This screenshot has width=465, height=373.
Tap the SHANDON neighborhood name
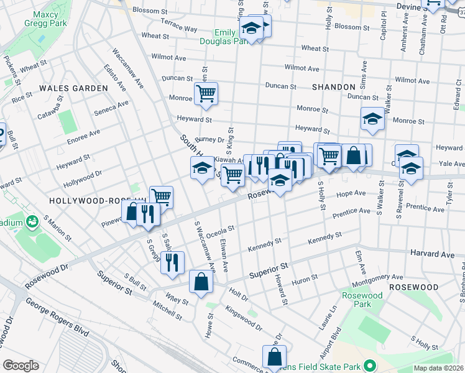coord(334,88)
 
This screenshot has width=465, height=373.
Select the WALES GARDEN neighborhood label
coord(73,88)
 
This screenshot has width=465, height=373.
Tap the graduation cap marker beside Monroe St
coord(372,119)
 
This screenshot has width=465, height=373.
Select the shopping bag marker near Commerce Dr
coord(274,358)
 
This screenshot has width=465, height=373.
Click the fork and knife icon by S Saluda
coord(172,261)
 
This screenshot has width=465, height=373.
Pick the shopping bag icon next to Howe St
coord(201,282)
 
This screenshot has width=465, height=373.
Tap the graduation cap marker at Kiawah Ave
coord(202,168)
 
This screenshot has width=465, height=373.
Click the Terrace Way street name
coord(179,25)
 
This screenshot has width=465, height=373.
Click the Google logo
coord(21,366)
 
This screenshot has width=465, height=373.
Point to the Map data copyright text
coord(438,368)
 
